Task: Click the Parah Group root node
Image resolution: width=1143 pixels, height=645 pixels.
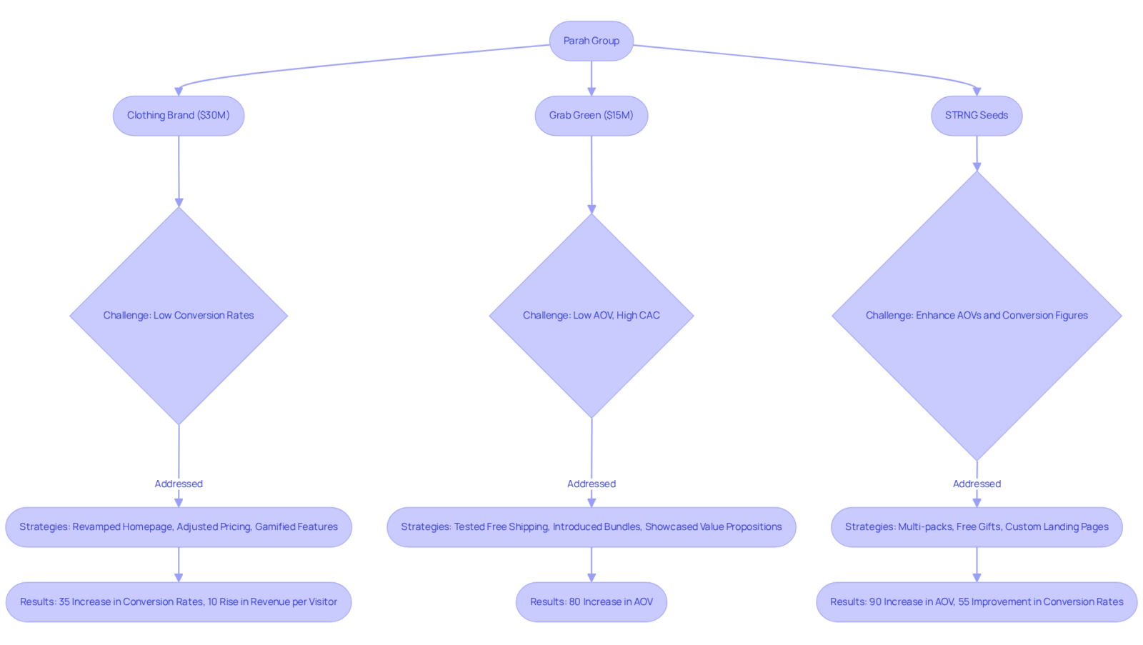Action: click(x=592, y=41)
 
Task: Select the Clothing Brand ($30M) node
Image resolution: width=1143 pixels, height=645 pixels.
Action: click(x=179, y=116)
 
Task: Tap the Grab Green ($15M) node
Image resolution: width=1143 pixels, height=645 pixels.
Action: click(x=592, y=116)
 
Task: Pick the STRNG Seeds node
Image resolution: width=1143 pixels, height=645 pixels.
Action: click(x=977, y=116)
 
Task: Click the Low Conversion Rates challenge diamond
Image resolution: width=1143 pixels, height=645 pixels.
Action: click(x=179, y=315)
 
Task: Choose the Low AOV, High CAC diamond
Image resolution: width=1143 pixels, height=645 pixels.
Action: click(x=592, y=315)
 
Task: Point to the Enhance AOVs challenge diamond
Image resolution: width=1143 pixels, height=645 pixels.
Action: click(x=977, y=315)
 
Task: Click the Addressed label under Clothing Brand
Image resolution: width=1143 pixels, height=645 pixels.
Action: click(x=179, y=484)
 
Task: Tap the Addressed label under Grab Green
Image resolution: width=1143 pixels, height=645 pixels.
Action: click(x=592, y=484)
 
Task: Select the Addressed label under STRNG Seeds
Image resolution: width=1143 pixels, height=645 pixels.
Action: click(x=977, y=484)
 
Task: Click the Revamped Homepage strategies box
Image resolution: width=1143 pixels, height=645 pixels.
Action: click(x=179, y=527)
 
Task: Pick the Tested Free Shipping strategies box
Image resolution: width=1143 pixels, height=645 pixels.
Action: click(x=592, y=527)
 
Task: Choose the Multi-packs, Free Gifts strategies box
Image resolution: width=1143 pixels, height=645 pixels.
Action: click(x=977, y=527)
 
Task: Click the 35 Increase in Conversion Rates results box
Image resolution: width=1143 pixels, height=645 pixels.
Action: click(x=179, y=602)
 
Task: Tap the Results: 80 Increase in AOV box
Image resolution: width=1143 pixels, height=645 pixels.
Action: click(x=592, y=602)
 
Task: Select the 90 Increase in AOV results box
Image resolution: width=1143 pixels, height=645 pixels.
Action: click(x=977, y=602)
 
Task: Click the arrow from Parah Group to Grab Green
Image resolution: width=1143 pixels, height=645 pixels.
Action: click(x=592, y=79)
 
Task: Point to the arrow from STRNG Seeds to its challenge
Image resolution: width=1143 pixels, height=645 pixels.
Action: click(x=977, y=154)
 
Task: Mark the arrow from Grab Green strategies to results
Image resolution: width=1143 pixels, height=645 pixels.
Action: click(x=592, y=565)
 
